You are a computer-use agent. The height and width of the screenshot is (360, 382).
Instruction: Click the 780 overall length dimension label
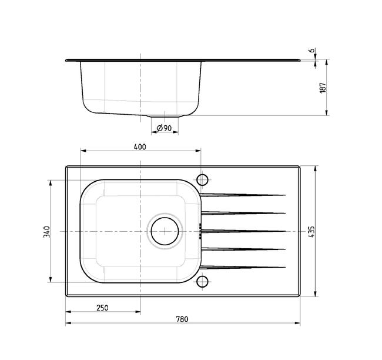point(182,319)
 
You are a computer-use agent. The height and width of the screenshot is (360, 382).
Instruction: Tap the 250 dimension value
point(102,308)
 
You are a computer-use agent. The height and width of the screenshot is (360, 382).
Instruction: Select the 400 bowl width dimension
point(140,147)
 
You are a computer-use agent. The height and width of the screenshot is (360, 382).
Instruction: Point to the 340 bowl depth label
point(47,232)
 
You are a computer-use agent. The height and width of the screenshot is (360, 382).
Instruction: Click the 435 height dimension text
point(311,232)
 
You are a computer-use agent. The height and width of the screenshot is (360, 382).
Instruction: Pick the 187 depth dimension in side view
point(323,88)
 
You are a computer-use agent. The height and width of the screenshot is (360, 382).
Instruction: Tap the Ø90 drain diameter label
point(164,128)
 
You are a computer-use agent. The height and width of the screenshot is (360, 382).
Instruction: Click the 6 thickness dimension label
point(311,51)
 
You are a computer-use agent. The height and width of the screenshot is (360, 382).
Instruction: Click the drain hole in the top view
point(165,231)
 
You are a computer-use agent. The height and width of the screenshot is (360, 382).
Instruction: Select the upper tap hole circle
point(202,180)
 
